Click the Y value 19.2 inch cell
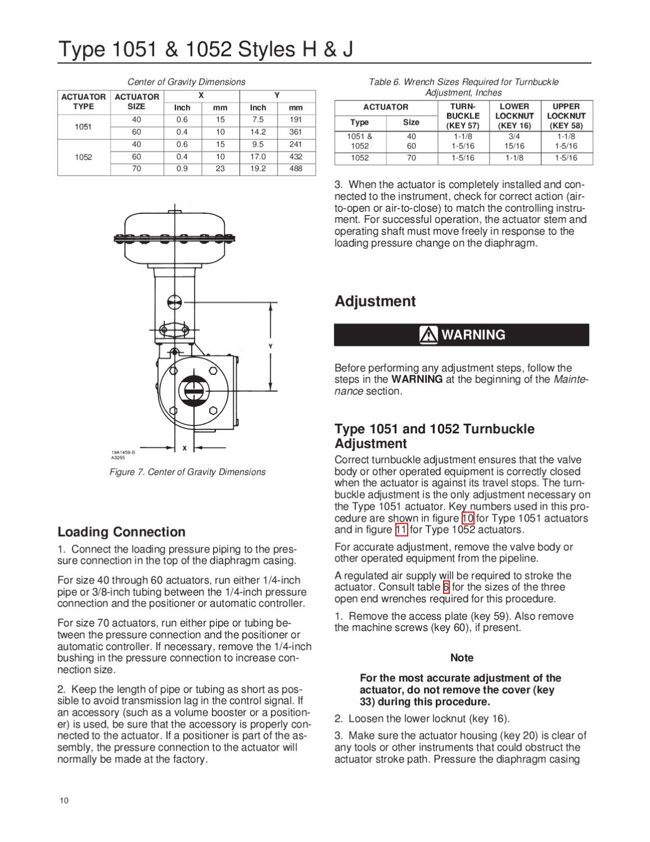pyautogui.click(x=258, y=168)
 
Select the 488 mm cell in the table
pyautogui.click(x=296, y=168)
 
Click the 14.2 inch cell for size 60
pyautogui.click(x=258, y=132)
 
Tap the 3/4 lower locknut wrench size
pyautogui.click(x=514, y=136)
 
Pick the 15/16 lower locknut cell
pyautogui.click(x=514, y=145)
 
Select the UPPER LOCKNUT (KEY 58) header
pyautogui.click(x=566, y=116)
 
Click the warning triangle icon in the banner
pyautogui.click(x=429, y=335)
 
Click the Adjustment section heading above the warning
pyautogui.click(x=375, y=301)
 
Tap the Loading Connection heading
pyautogui.click(x=121, y=532)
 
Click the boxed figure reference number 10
pyautogui.click(x=467, y=518)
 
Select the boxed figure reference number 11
pyautogui.click(x=401, y=530)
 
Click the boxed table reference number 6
pyautogui.click(x=446, y=587)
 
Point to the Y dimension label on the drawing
pyautogui.click(x=270, y=346)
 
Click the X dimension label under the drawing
pyautogui.click(x=184, y=448)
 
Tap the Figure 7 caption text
pyautogui.click(x=187, y=472)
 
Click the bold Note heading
pyautogui.click(x=462, y=658)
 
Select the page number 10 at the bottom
pyautogui.click(x=62, y=800)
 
